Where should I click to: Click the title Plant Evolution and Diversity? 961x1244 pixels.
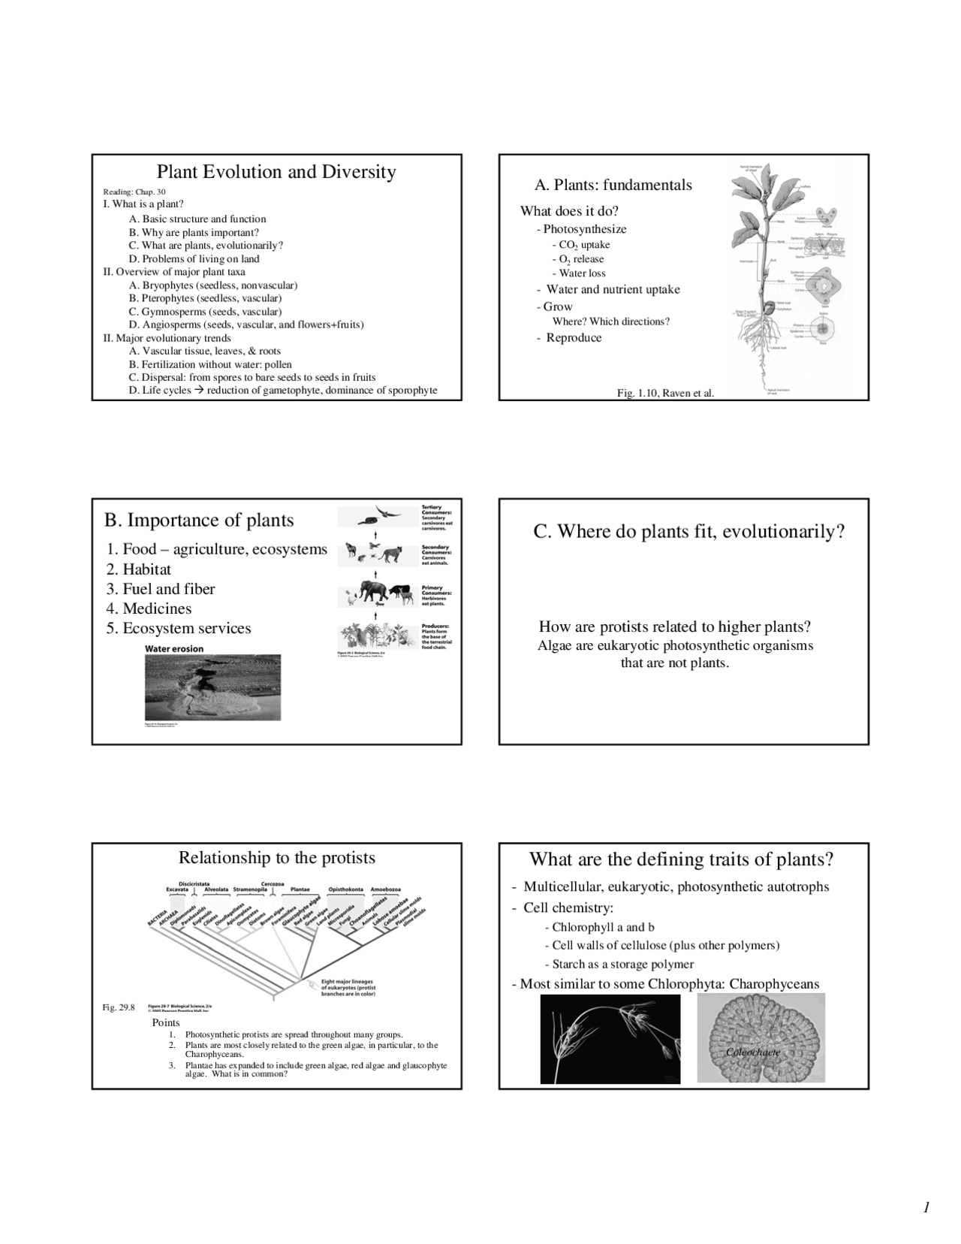[x=276, y=172]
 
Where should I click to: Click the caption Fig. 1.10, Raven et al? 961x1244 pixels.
[x=665, y=393]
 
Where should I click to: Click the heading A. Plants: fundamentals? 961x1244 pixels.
[x=613, y=185]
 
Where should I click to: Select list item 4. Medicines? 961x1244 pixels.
[x=149, y=608]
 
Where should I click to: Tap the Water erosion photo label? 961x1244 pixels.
[x=173, y=649]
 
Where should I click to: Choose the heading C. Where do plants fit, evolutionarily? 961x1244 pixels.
[x=688, y=532]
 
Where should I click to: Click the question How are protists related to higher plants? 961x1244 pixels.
[x=674, y=627]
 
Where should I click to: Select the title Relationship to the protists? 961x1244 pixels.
[x=276, y=858]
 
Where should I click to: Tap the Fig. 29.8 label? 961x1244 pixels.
[x=119, y=1007]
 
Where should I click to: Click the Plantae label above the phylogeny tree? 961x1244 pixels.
[x=300, y=889]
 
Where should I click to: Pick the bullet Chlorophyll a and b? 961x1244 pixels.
[x=603, y=927]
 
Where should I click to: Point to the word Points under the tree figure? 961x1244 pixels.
[x=166, y=1022]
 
